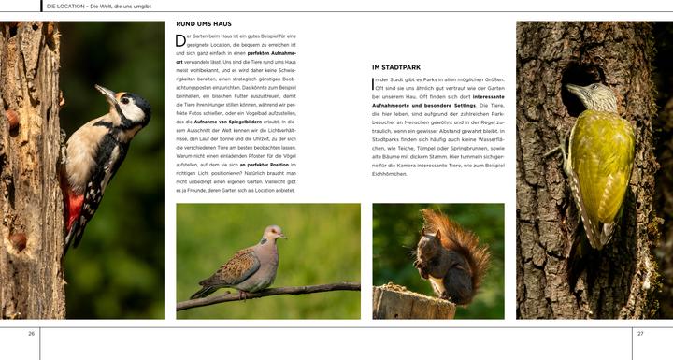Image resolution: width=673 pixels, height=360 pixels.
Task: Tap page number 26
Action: click(31, 334)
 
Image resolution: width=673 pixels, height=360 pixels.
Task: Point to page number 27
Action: click(640, 334)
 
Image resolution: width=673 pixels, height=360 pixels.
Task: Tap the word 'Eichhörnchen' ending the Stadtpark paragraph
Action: click(390, 174)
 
